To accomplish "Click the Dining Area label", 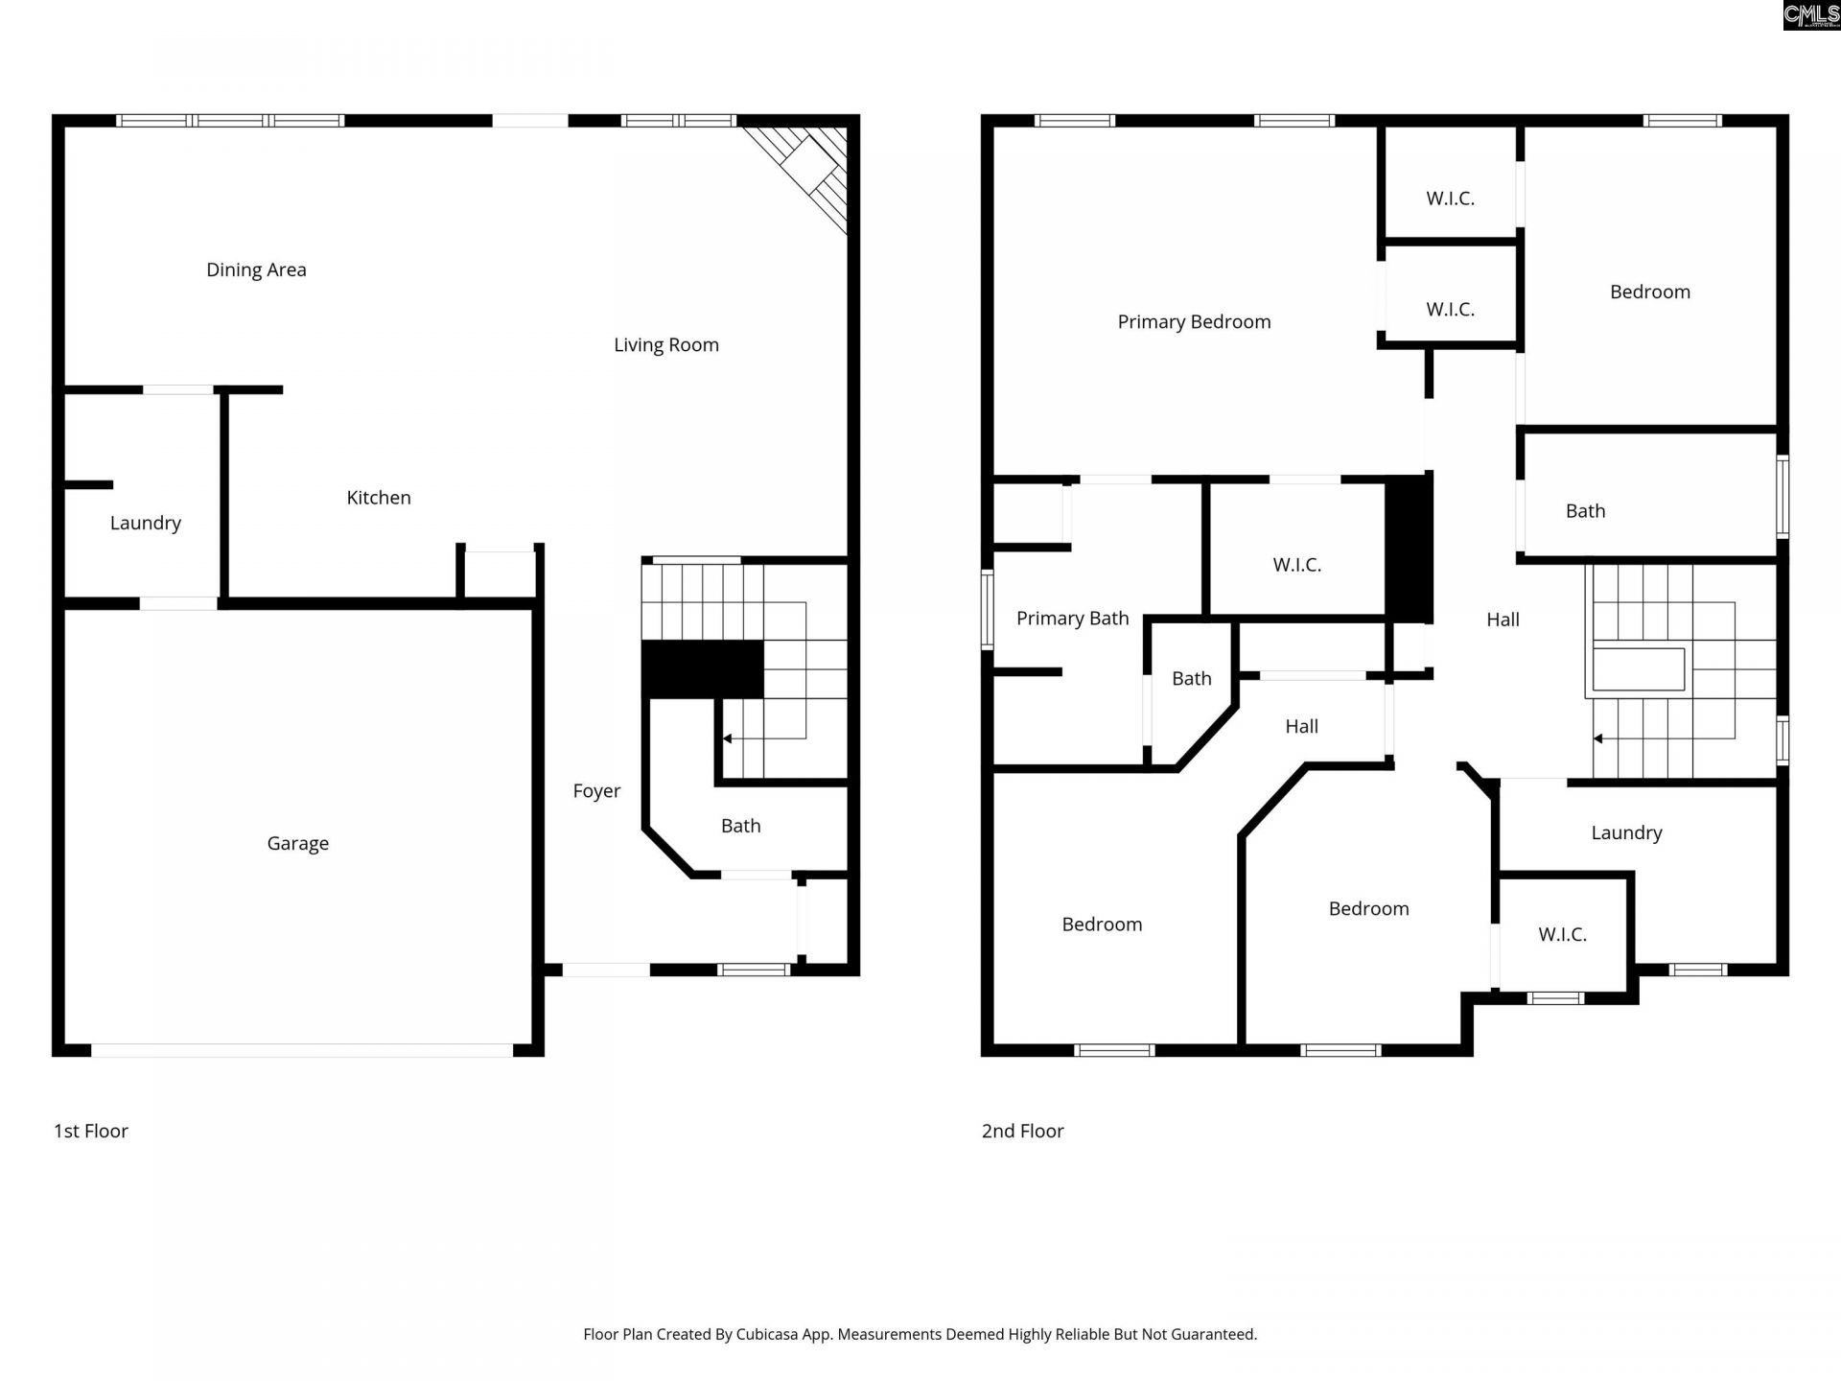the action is [256, 270].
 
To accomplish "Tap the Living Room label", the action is [666, 345].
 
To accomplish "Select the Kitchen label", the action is [379, 498].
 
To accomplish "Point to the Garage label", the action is [297, 844].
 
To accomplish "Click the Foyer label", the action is [596, 791].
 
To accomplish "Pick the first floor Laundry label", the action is [145, 524].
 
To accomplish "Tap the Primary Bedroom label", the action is [1194, 322].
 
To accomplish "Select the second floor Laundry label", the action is [1626, 833].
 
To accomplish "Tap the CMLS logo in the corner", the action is [1811, 15].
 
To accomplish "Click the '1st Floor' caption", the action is [91, 1132].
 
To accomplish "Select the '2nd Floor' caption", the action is [1022, 1132].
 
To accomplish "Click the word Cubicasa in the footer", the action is [767, 1335].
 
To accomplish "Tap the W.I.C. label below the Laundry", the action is [1562, 935].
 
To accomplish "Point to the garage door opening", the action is [302, 1050].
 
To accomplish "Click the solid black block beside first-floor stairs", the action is [703, 669].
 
